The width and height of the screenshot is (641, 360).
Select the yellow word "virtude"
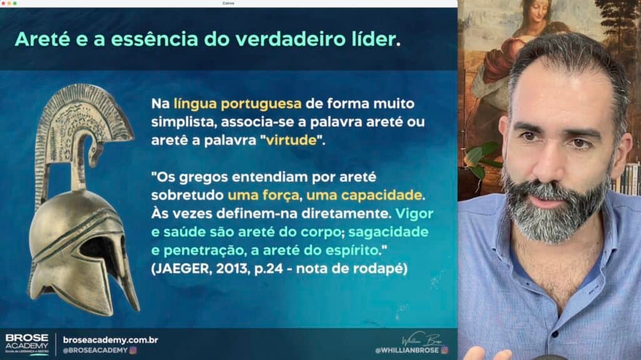coord(292,140)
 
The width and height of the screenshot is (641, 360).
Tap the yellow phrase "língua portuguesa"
coord(237,104)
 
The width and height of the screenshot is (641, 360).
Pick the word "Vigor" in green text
coord(414,214)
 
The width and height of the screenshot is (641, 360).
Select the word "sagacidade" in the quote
coord(388,232)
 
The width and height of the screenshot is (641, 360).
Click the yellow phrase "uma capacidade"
coord(364,195)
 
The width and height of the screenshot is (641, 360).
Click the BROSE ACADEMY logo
coord(27,344)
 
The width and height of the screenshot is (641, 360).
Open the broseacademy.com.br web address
coord(110,340)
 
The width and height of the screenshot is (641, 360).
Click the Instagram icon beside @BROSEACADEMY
coord(133,350)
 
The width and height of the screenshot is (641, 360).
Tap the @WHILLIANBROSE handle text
coord(407,350)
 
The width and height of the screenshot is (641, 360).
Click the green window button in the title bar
coord(15,3)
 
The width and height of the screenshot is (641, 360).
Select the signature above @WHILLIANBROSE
coord(423,339)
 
